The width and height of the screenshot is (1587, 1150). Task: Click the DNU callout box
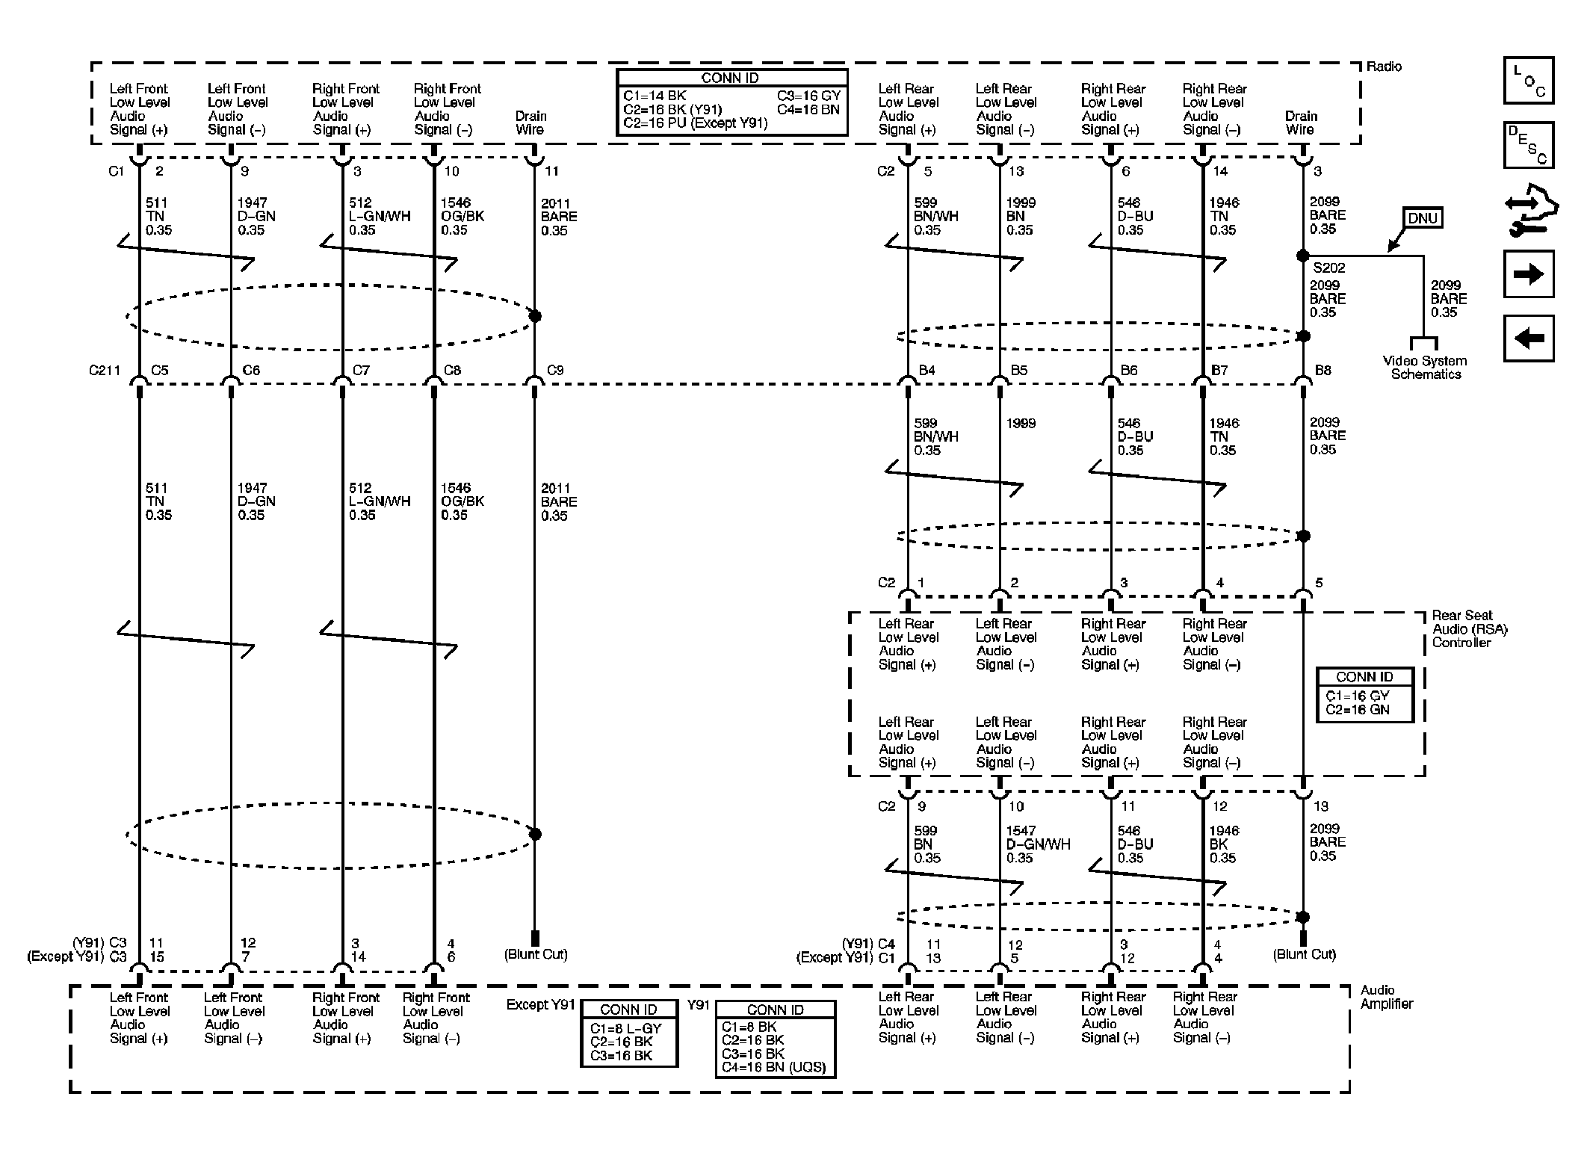(1422, 218)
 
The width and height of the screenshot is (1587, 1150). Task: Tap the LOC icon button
(1528, 81)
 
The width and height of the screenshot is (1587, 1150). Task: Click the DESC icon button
(1528, 145)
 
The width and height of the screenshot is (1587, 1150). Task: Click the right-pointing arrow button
(1528, 273)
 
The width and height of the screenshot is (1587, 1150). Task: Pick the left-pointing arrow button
(1528, 338)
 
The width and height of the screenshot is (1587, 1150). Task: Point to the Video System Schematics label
(1424, 368)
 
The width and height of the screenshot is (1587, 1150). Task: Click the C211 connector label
(104, 370)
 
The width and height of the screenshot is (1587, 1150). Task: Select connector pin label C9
(554, 370)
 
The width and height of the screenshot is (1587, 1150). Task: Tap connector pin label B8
(1322, 370)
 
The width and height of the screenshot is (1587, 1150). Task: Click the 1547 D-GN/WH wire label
(1037, 844)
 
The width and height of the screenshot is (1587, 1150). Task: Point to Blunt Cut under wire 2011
(536, 954)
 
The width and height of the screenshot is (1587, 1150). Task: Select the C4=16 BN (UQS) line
(773, 1067)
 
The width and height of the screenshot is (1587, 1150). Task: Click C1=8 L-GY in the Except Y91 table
(625, 1028)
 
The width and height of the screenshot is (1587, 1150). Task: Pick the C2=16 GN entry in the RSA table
(1358, 710)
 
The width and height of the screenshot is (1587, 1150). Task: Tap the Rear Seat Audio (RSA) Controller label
(1468, 628)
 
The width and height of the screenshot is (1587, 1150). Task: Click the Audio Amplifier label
(1386, 997)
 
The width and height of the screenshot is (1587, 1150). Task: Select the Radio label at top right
(1384, 67)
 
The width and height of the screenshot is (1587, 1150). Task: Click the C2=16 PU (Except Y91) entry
(695, 123)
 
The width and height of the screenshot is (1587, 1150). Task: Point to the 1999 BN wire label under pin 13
(1019, 216)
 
